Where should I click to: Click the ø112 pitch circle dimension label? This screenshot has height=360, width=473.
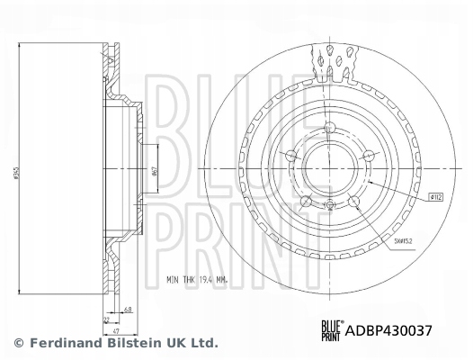[436, 195]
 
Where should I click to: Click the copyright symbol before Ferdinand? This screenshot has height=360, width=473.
[19, 343]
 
